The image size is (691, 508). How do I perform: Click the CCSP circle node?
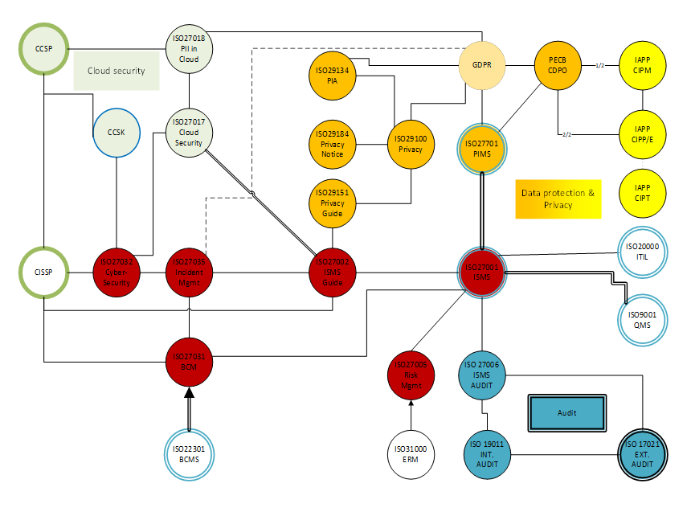pos(43,49)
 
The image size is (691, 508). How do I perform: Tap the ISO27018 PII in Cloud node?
pos(189,48)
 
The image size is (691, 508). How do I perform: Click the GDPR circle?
pos(482,65)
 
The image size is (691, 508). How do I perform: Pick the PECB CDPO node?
pos(558,65)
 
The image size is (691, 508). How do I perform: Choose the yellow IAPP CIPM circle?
pos(643,65)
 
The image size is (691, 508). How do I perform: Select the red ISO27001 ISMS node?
pos(482,272)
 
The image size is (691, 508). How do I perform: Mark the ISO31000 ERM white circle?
pos(411,455)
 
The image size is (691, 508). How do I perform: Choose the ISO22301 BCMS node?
pos(189,455)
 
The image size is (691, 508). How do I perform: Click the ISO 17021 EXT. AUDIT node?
pos(648,455)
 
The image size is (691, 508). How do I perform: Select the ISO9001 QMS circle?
pos(643,319)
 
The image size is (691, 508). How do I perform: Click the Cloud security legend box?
pos(117,71)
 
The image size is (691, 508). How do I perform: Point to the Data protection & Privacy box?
pos(558,199)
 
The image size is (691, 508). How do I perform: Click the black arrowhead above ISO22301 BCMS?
pos(189,392)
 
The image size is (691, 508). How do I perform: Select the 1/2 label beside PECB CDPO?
pos(599,65)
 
